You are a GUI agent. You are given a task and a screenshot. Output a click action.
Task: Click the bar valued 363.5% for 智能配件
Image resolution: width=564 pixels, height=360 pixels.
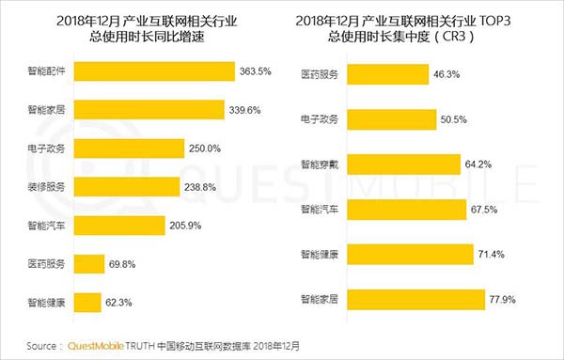pos(153,71)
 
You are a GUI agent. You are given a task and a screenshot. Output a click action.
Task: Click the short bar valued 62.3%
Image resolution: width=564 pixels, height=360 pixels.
pos(87,303)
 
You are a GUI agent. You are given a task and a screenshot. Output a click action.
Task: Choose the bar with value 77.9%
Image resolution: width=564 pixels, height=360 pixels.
pos(413,302)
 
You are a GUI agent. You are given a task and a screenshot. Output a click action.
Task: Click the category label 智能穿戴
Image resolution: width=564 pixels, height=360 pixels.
pos(320,164)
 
